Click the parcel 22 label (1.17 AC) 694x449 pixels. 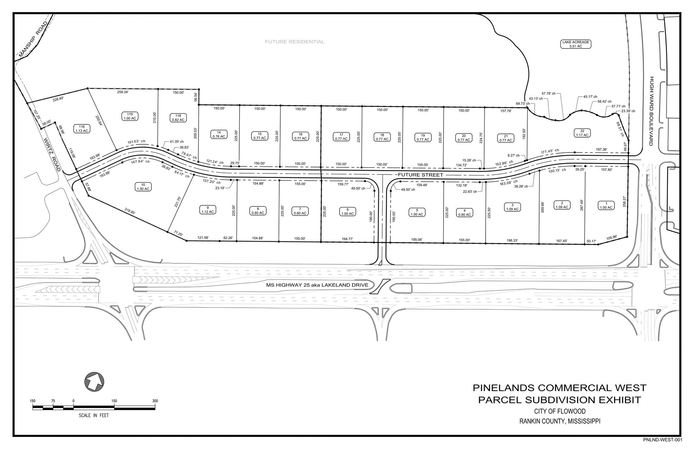(x=582, y=133)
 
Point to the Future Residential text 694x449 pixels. (x=294, y=42)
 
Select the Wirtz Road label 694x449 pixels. (x=52, y=154)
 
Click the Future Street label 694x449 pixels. (x=420, y=175)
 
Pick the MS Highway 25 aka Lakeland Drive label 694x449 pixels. (x=317, y=285)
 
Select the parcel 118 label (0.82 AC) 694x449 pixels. (x=178, y=118)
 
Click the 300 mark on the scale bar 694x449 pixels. (x=155, y=401)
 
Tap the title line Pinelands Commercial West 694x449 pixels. (x=559, y=388)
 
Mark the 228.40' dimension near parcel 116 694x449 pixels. (x=58, y=99)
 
